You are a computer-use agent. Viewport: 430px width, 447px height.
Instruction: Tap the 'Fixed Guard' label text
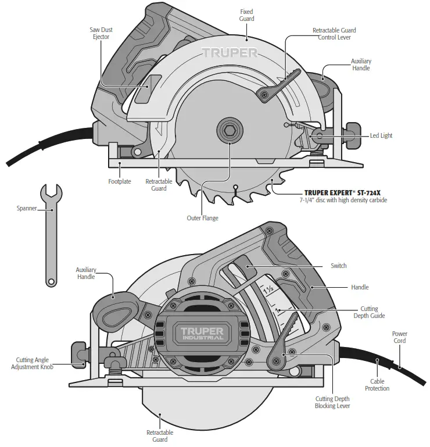click(x=246, y=15)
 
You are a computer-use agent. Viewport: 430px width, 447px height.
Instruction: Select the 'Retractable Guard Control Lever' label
click(x=334, y=34)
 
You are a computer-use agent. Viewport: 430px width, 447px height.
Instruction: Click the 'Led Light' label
click(x=381, y=135)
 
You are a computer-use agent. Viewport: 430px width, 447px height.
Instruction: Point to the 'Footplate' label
click(x=120, y=181)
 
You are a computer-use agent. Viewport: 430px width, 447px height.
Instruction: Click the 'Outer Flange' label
click(x=202, y=218)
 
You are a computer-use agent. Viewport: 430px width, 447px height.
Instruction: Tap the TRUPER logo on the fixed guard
click(x=230, y=53)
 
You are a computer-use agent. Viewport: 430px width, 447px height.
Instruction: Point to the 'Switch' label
click(x=338, y=266)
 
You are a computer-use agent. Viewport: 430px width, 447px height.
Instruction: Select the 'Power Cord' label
click(x=399, y=337)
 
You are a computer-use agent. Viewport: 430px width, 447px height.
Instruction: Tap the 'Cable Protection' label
click(x=377, y=385)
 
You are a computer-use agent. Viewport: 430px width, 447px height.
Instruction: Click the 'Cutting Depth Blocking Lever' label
click(x=332, y=402)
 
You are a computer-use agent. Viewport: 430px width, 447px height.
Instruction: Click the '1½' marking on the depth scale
click(x=268, y=289)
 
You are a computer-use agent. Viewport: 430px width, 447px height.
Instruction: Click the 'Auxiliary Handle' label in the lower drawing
click(x=86, y=273)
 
